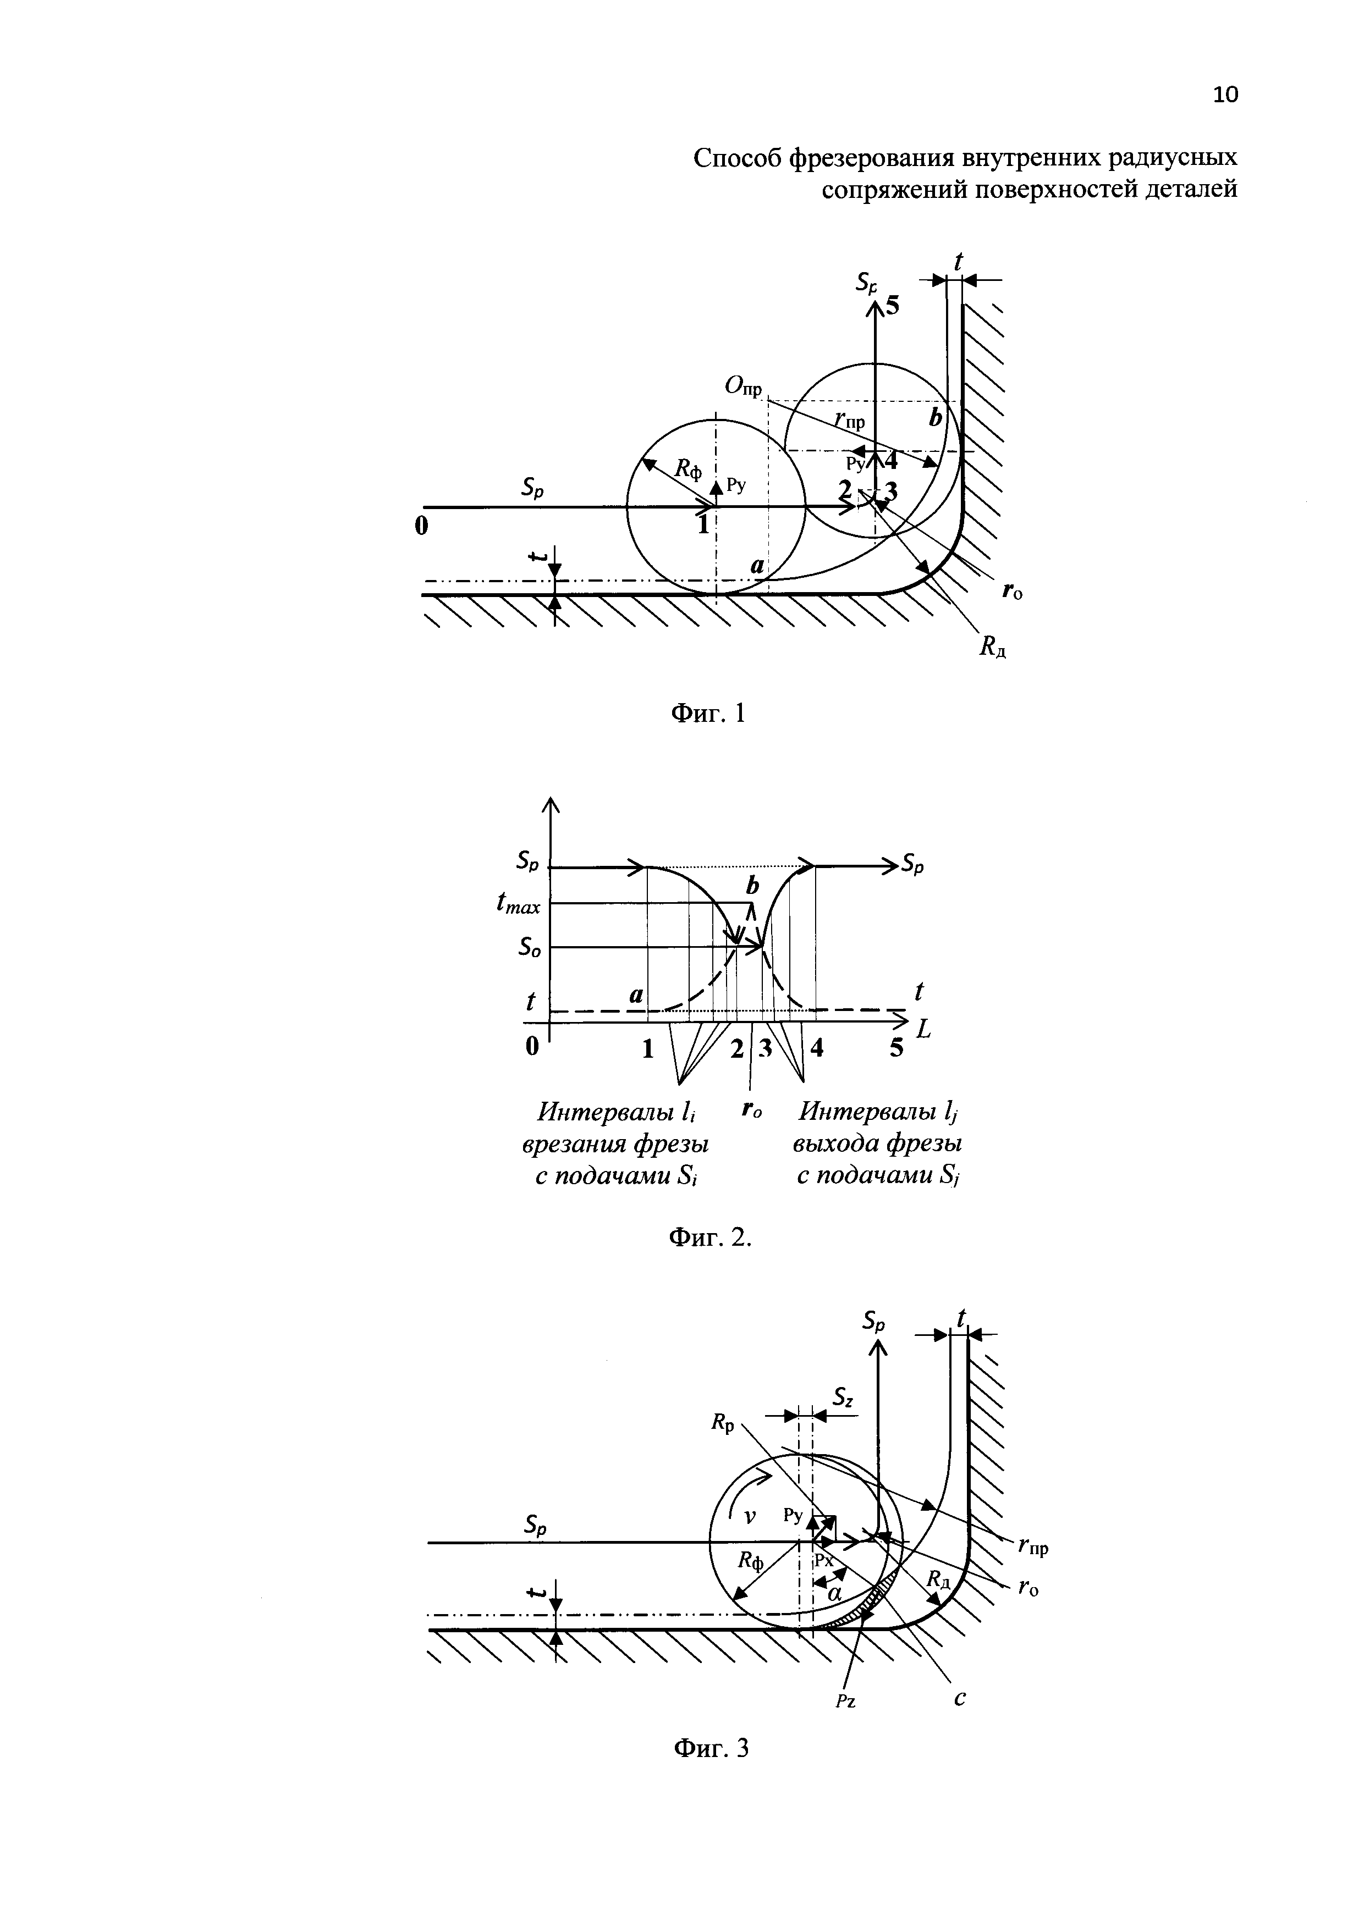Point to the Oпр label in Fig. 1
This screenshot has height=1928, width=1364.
[744, 387]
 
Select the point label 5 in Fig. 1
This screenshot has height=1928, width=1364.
[891, 307]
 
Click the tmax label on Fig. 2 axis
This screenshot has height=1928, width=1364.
[519, 904]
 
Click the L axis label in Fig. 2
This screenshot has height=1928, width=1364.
[924, 1030]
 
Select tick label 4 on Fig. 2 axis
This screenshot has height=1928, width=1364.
[816, 1049]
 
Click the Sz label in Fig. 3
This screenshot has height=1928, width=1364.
[843, 1396]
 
